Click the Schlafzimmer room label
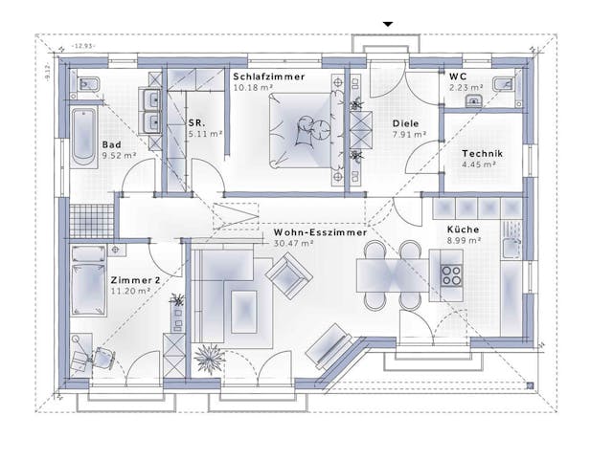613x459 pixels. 269,75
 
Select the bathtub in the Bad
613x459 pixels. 83,138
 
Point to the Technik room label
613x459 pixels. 482,154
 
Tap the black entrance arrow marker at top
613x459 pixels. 388,23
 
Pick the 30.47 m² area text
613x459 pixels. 293,243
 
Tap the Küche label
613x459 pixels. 464,229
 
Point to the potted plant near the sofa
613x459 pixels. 208,360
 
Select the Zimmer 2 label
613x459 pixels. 133,278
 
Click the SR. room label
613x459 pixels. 197,123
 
